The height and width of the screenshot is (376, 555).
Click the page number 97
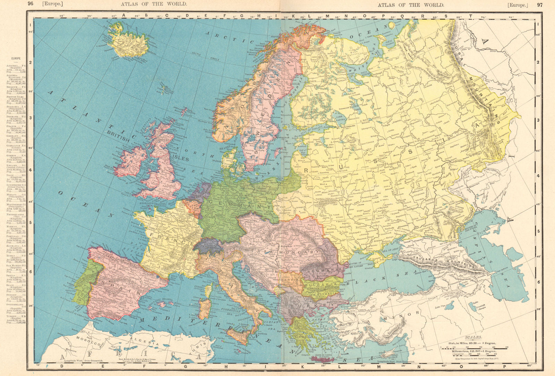(x=540, y=5)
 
